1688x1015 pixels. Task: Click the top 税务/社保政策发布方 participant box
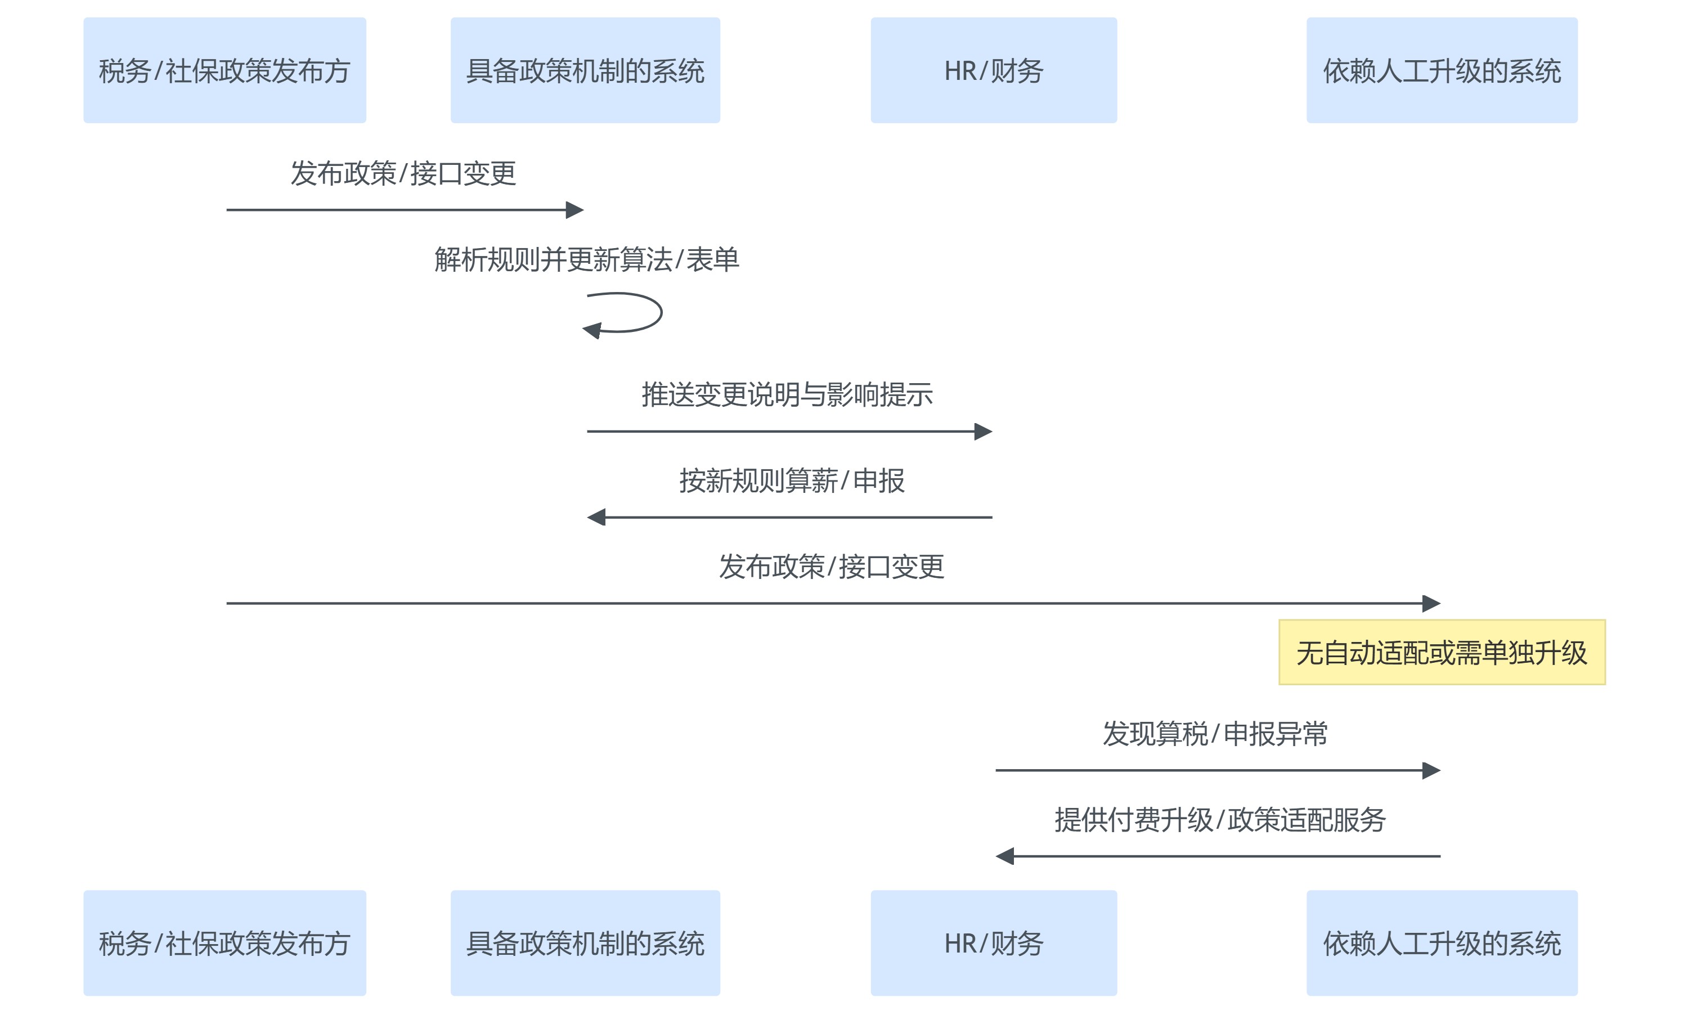[x=225, y=70]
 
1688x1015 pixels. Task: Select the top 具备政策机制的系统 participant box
[x=585, y=70]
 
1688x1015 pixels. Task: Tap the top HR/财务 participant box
[x=993, y=70]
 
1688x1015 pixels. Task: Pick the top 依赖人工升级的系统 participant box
[x=1441, y=70]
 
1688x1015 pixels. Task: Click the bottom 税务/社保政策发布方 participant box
[x=225, y=942]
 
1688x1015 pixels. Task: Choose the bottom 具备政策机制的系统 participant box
[x=585, y=942]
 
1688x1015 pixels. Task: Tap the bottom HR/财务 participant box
[x=993, y=942]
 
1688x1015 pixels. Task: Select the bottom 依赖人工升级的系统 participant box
[x=1441, y=942]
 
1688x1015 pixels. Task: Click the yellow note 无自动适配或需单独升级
[x=1441, y=653]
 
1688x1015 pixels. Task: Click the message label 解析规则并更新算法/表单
[x=586, y=260]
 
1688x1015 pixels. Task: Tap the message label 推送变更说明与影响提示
[x=787, y=394]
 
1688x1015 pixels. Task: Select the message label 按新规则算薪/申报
[x=791, y=481]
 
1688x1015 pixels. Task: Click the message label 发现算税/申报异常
[x=1214, y=734]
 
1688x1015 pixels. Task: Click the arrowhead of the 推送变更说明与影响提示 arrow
[x=984, y=432]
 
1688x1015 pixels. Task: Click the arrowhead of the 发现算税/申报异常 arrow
[x=1431, y=770]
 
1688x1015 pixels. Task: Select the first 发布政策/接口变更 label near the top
[x=403, y=174]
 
